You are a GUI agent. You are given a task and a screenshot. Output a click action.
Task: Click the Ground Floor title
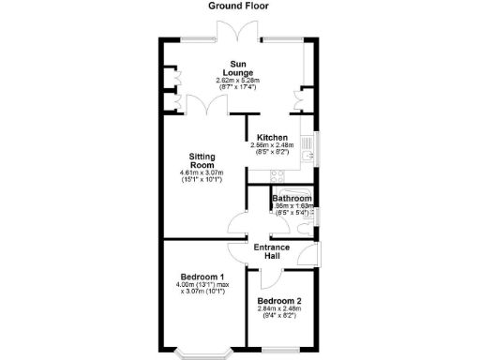click(x=239, y=6)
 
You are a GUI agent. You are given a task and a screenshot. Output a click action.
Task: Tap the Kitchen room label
click(x=272, y=137)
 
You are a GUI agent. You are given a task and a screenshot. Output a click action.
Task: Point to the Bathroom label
click(x=291, y=199)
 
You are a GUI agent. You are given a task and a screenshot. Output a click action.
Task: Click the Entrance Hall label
click(x=272, y=250)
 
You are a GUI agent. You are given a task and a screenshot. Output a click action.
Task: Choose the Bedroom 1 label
click(x=202, y=277)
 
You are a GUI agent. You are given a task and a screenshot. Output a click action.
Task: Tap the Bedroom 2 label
click(x=278, y=301)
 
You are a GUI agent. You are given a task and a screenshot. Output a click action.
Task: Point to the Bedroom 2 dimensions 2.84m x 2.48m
click(x=278, y=313)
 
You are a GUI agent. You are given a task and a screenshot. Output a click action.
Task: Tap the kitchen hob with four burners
click(x=277, y=173)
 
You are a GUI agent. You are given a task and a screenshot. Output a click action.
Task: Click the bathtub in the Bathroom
click(x=293, y=191)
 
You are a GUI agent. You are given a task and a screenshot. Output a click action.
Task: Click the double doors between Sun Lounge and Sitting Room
click(x=202, y=105)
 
